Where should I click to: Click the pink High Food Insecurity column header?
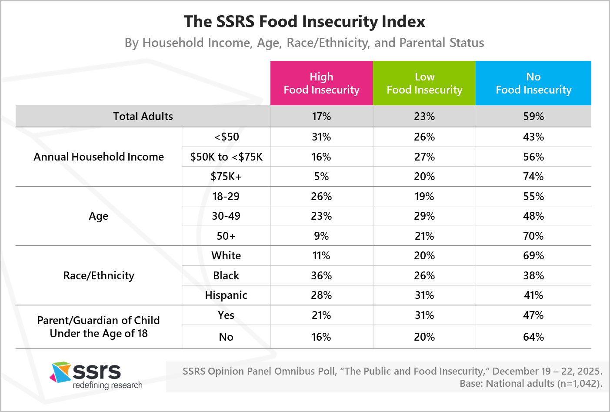[x=321, y=83]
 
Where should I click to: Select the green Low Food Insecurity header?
[x=424, y=83]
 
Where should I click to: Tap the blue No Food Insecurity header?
[x=533, y=83]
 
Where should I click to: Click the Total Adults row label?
[x=143, y=116]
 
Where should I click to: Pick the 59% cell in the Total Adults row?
[x=533, y=116]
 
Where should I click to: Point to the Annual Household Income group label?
[x=99, y=157]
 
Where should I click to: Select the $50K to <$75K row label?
[x=226, y=157]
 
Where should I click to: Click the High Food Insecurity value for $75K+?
[x=321, y=176]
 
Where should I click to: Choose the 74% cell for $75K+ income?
[x=533, y=176]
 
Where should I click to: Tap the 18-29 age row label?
[x=226, y=196]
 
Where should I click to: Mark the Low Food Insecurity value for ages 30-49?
[x=424, y=216]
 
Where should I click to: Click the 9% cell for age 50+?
[x=321, y=236]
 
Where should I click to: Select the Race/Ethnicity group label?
[x=99, y=275]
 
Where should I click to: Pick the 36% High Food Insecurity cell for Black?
[x=321, y=275]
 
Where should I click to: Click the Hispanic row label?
[x=226, y=295]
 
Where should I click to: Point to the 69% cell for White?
[x=533, y=255]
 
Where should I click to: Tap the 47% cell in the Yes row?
[x=533, y=315]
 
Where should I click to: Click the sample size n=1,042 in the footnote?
[x=579, y=383]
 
